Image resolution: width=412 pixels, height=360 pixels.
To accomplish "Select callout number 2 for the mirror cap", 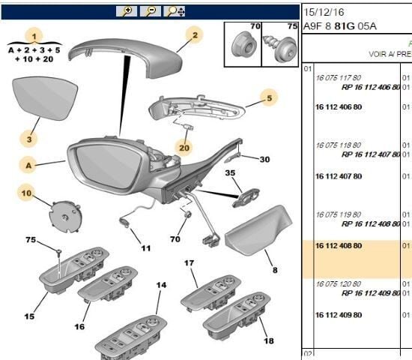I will [x=193, y=34].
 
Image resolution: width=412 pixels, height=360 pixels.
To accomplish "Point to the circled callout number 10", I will [x=28, y=193].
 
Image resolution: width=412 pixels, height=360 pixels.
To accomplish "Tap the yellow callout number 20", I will [x=184, y=147].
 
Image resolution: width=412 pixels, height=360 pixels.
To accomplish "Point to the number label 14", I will [x=160, y=286].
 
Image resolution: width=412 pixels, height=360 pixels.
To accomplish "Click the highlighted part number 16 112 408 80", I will [x=337, y=244].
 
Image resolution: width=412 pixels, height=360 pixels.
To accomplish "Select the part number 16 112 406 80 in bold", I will [x=337, y=107].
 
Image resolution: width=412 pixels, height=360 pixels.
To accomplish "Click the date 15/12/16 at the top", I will [x=324, y=11].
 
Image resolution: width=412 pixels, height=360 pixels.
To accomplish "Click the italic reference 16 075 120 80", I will [x=339, y=284].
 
